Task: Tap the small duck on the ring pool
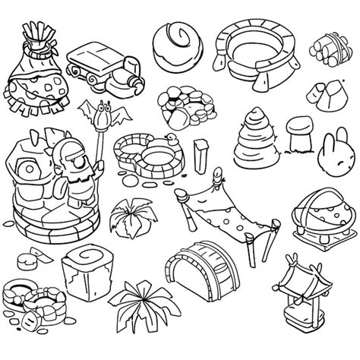172,137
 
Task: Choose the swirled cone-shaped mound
256,136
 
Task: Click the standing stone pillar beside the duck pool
201,156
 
